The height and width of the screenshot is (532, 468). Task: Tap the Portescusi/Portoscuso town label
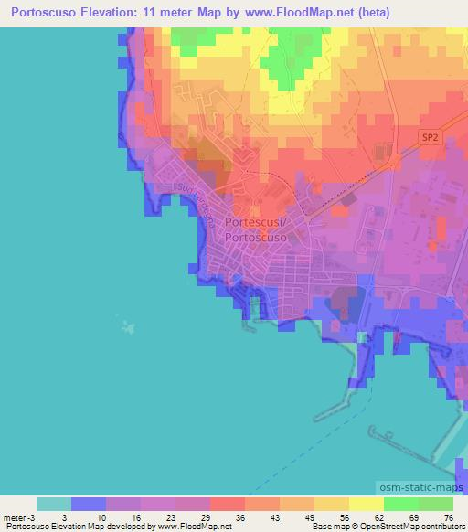(x=261, y=229)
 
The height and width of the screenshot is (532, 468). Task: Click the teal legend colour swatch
(x=54, y=504)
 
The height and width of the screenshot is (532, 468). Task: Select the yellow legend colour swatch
(x=367, y=504)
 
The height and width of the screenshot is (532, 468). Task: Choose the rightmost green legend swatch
(x=436, y=504)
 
